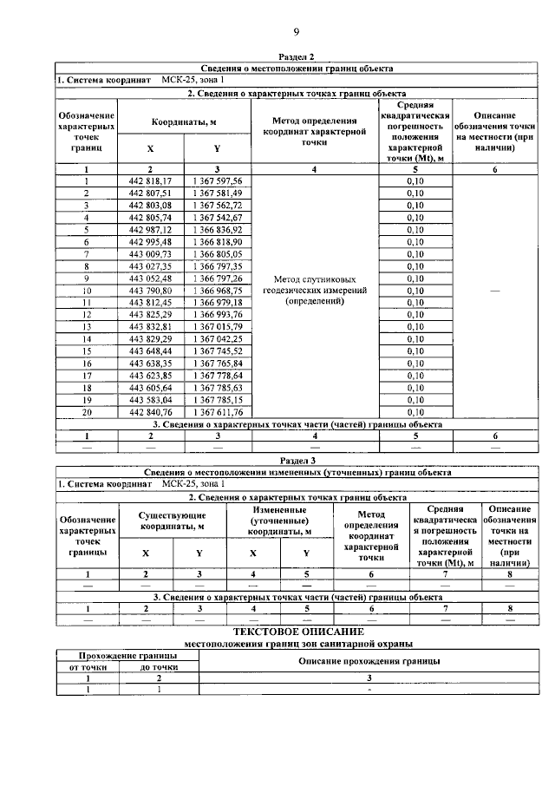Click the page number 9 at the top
tap(296, 33)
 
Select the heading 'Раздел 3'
tap(296, 461)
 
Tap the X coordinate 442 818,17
tap(150, 180)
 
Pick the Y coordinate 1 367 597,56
tap(218, 180)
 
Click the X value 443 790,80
tap(150, 290)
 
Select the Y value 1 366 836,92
tap(218, 229)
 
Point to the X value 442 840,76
tap(150, 411)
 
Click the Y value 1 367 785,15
tap(218, 399)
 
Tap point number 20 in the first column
tap(86, 411)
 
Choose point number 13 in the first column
tap(86, 326)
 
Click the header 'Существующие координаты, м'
tap(172, 521)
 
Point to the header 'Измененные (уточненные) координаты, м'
tap(278, 521)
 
